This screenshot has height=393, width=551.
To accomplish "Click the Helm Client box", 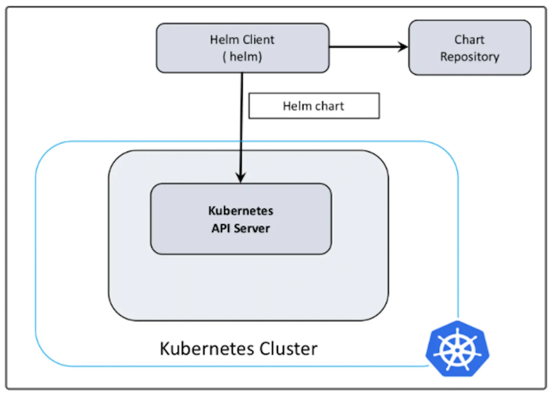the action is coord(243,48).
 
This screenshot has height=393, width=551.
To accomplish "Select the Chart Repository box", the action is coord(470,47).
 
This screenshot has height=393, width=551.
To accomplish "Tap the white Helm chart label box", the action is coord(314,106).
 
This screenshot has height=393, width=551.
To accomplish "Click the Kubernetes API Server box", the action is coord(241,219).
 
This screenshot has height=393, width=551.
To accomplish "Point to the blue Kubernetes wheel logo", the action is coord(458,349).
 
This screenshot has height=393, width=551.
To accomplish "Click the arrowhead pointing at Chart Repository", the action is coord(403,47).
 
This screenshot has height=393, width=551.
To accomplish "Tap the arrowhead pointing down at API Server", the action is coord(241,178).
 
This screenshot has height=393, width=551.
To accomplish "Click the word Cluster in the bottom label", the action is coord(288,349).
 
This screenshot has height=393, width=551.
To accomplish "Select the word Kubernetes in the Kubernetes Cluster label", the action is coord(207,349).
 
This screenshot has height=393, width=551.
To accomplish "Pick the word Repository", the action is coord(470,57).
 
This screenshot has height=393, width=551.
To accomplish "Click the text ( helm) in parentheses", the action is coord(242,57).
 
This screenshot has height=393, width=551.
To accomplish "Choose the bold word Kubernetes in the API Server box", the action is coord(241,211).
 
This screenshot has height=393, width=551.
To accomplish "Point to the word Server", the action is coord(252,228).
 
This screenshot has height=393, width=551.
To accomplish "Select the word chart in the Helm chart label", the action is coord(329,106).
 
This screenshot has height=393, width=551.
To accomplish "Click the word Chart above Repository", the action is coord(469,39).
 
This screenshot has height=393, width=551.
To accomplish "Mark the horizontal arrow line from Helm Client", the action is coord(368,47).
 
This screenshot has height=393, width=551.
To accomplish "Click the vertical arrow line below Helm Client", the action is coord(241,128).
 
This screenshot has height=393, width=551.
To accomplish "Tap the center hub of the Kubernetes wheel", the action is coord(457,350).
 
